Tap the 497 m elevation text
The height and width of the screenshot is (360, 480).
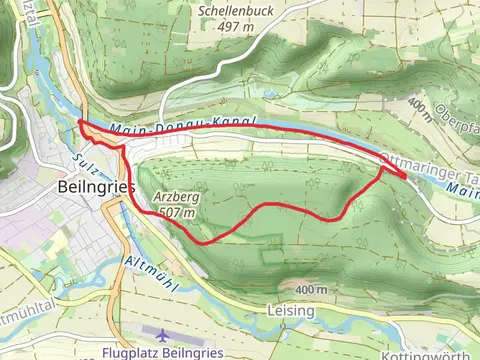tap(237, 27)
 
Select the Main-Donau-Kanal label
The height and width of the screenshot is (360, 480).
tap(184, 125)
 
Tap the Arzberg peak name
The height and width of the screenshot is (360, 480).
tap(175, 197)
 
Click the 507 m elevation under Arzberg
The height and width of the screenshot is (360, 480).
tap(176, 212)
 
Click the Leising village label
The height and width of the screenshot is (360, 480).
tap(291, 311)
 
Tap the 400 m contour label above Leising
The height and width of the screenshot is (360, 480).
tap(311, 289)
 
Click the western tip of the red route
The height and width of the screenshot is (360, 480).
tap(79, 122)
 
